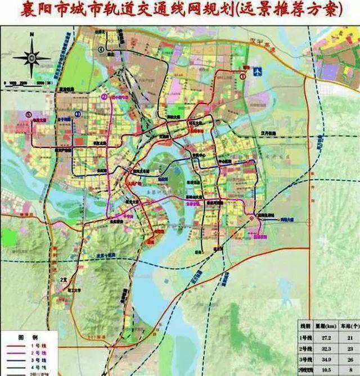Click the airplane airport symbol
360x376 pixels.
pyautogui.click(x=258, y=72)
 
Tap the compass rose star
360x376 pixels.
pyautogui.click(x=31, y=57)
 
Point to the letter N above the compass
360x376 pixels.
pyautogui.click(x=31, y=35)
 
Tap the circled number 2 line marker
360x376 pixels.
pyautogui.click(x=104, y=97)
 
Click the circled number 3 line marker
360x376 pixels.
pyautogui.click(x=78, y=115)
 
